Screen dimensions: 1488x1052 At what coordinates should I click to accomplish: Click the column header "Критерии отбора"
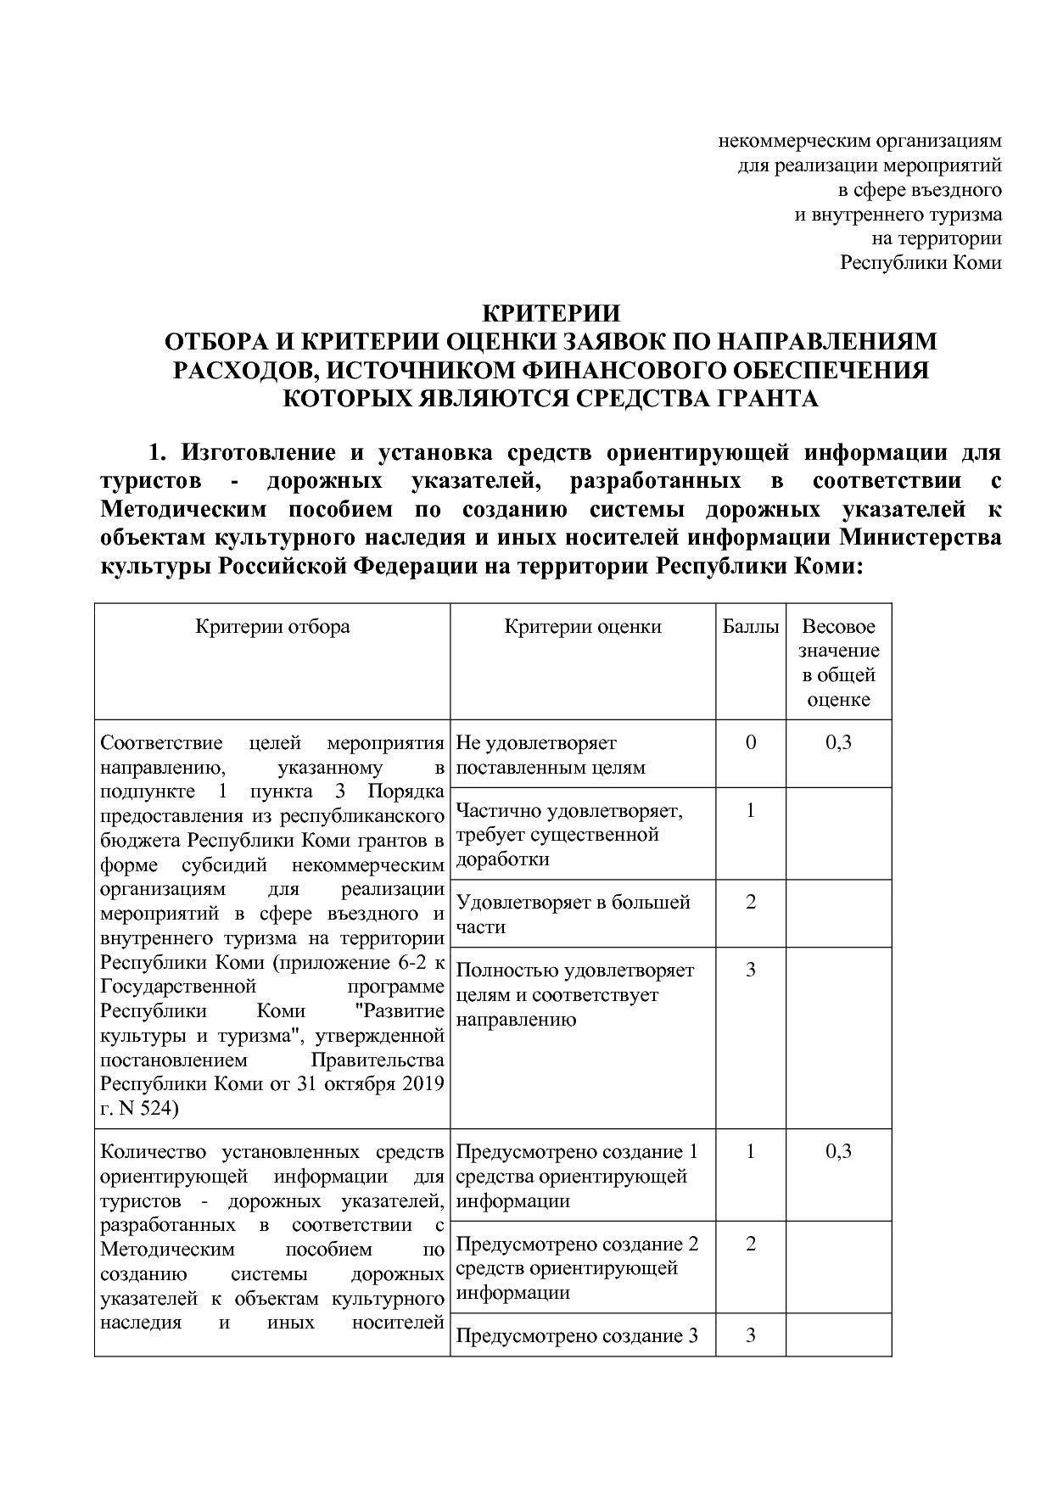[272, 627]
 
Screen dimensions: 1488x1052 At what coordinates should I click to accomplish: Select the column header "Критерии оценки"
[583, 627]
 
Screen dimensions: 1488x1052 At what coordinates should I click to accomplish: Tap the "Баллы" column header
[750, 627]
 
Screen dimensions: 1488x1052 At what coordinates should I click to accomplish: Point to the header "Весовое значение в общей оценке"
[838, 663]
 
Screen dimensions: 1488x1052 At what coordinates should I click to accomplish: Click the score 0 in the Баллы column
[750, 742]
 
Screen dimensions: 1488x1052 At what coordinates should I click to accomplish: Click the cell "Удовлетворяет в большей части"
[574, 914]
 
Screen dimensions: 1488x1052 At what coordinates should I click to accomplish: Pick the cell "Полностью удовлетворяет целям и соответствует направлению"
[575, 994]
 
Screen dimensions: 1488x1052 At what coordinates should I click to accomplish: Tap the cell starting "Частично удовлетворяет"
[569, 834]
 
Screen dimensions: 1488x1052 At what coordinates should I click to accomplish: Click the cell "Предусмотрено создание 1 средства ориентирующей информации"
[577, 1176]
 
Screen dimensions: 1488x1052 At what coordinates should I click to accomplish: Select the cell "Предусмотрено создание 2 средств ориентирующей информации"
[577, 1267]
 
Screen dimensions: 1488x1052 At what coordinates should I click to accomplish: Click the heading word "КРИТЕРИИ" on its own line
[551, 314]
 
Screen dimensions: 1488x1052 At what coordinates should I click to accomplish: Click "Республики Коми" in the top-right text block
[920, 262]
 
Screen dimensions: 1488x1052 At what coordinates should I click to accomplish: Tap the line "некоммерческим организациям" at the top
[860, 139]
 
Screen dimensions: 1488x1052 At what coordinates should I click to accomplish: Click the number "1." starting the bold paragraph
[159, 452]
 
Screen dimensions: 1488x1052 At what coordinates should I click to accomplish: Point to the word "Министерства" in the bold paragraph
[920, 538]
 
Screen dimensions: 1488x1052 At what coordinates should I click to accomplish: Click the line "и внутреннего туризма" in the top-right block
[898, 214]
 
